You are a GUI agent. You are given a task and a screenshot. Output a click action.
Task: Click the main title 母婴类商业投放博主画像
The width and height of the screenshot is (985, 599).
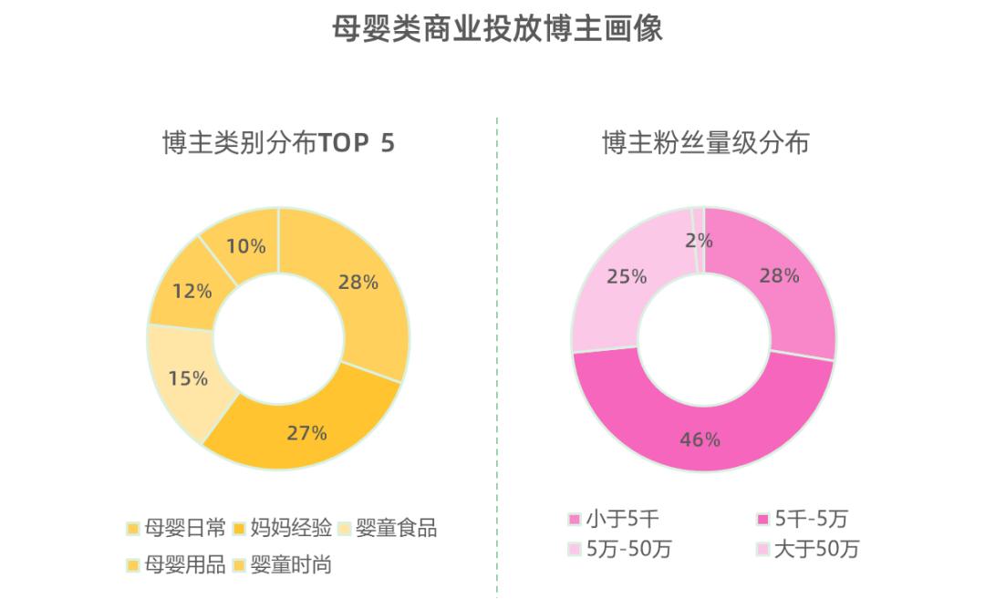tap(497, 28)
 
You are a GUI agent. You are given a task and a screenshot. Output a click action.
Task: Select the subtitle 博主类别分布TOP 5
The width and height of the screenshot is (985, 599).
tap(278, 143)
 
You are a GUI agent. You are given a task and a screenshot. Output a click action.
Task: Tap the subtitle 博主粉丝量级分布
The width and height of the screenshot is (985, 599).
tap(704, 143)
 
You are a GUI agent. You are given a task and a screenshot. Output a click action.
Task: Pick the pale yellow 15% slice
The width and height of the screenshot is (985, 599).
tap(188, 377)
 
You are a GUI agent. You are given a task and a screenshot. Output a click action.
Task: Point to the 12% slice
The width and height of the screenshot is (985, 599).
tap(192, 291)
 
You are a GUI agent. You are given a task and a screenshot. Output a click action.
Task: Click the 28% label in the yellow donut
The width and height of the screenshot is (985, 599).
tap(358, 282)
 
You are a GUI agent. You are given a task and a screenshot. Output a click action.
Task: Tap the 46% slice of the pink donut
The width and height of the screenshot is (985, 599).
tap(700, 439)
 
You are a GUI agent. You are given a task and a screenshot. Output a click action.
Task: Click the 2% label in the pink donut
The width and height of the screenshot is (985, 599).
tap(700, 242)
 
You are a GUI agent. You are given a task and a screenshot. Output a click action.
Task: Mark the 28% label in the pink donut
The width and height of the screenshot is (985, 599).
tap(779, 275)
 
